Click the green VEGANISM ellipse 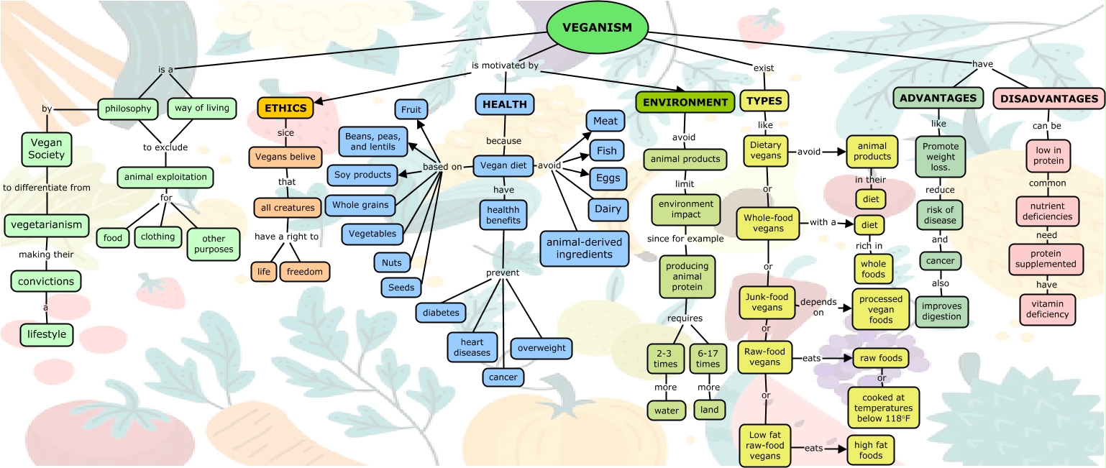(597, 28)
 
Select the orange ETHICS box (285, 107)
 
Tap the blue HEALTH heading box (504, 104)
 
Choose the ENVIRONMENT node (685, 102)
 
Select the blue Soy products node (362, 175)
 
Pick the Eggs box (605, 178)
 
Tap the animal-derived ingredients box (584, 248)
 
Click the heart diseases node (472, 347)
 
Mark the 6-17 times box (708, 358)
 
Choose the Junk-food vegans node (767, 302)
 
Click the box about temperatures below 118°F (884, 408)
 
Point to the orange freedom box (305, 272)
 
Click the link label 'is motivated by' (505, 65)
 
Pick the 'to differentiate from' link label (47, 188)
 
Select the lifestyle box (47, 334)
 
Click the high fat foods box (872, 450)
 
